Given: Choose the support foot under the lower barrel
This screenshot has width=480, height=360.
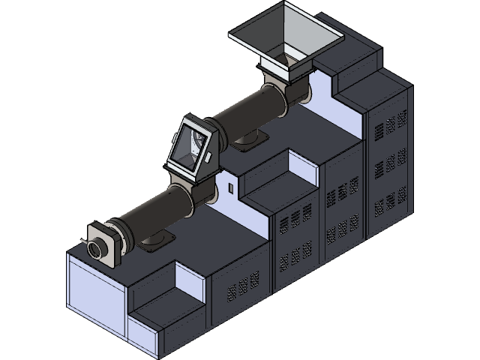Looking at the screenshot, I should (155, 239).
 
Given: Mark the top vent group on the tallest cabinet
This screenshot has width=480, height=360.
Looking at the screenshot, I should (391, 123).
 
